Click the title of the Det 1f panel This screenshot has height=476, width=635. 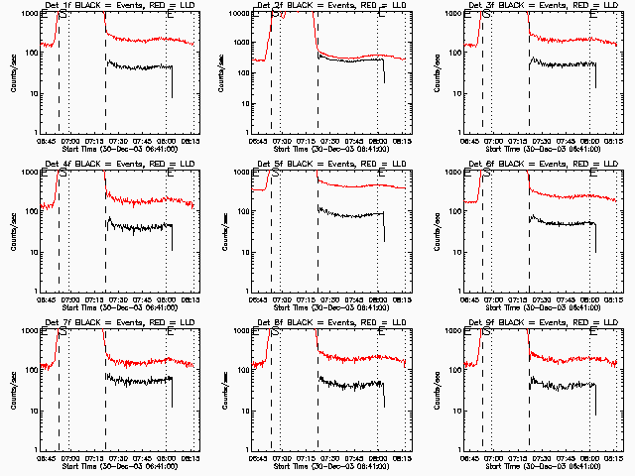coord(118,5)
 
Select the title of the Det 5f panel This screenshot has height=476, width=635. coord(330,164)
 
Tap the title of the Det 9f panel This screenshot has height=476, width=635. coord(542,322)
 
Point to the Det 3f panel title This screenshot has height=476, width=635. coord(542,5)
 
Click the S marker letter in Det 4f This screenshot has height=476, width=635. coord(63,176)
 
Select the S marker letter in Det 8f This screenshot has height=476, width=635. coord(276,334)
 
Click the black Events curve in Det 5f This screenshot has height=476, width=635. coord(347,215)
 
